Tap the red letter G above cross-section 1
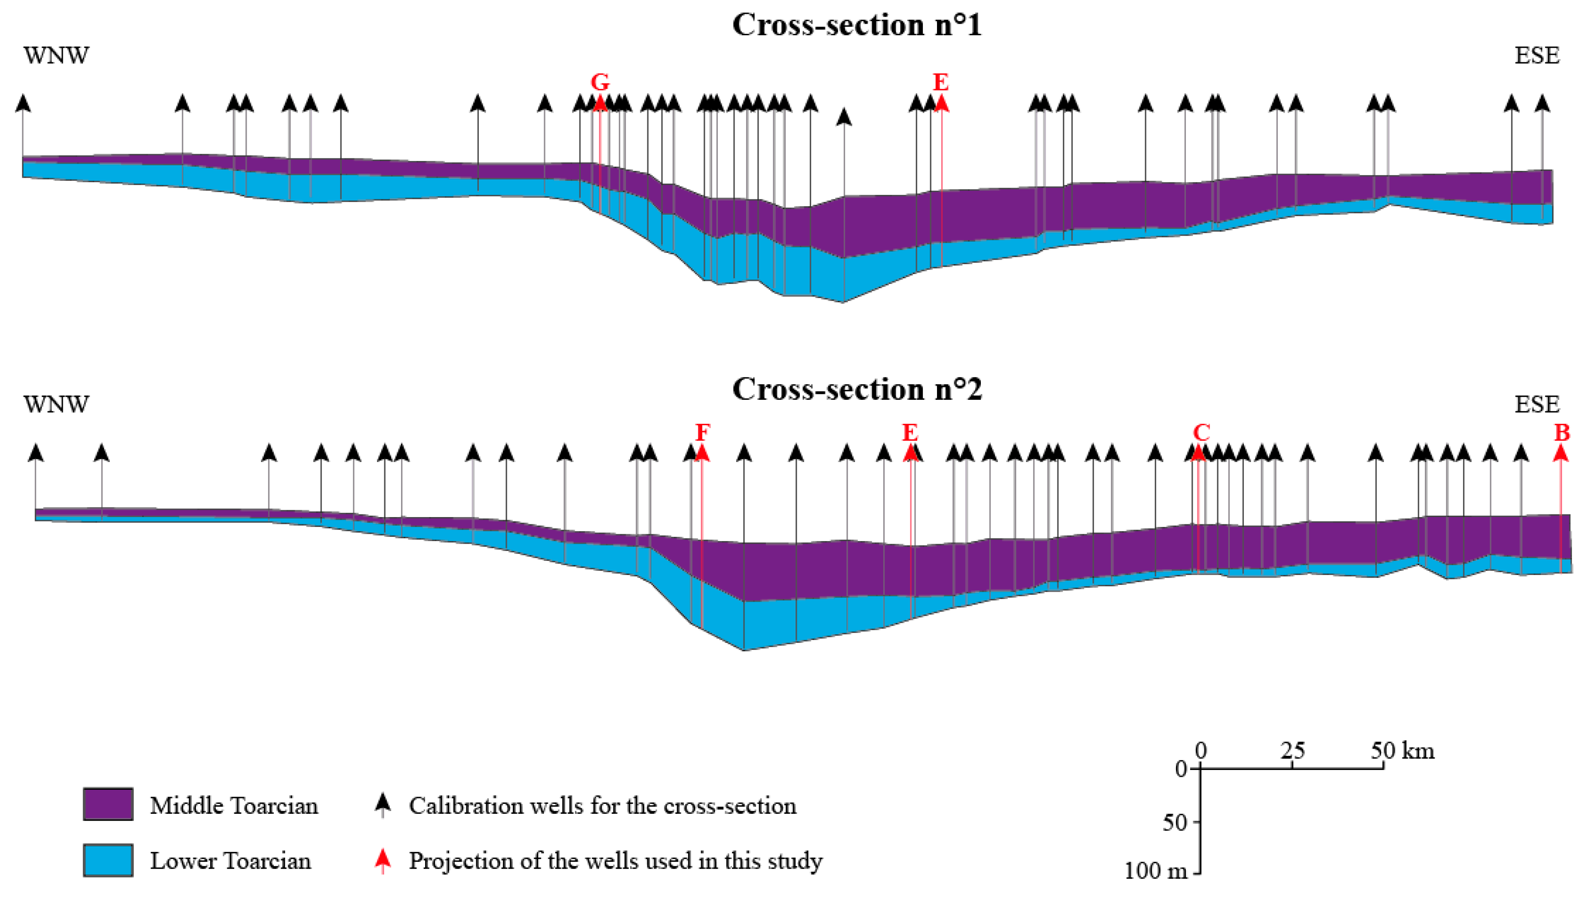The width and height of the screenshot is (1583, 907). click(600, 82)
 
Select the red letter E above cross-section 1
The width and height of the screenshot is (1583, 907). click(940, 82)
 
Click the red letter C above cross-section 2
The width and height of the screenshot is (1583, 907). click(1201, 432)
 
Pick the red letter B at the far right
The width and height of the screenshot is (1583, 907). click(1561, 432)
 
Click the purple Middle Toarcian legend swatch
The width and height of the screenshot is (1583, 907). click(108, 804)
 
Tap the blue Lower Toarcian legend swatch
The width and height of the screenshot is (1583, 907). click(108, 860)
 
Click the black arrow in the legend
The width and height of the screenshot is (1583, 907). click(382, 804)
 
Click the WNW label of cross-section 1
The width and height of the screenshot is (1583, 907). click(56, 55)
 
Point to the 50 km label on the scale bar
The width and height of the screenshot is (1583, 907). click(1402, 751)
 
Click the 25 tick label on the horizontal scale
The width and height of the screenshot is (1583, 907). click(1292, 751)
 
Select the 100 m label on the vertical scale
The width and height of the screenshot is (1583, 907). click(1155, 871)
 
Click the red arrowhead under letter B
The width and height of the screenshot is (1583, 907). click(1561, 453)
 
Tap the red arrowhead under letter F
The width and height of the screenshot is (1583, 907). click(702, 453)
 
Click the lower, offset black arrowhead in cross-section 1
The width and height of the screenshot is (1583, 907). click(844, 116)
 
